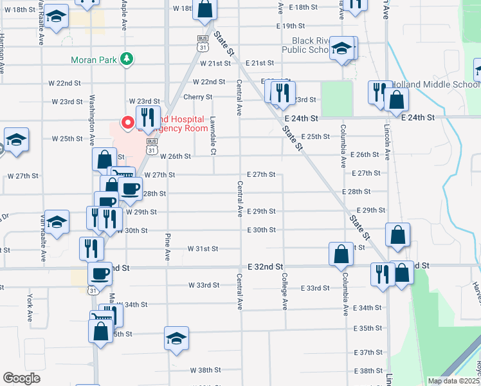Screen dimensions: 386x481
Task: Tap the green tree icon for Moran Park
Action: (128, 60)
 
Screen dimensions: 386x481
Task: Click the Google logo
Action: (22, 379)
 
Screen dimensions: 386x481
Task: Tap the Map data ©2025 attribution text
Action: (453, 381)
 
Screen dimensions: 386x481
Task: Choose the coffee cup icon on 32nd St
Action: (100, 273)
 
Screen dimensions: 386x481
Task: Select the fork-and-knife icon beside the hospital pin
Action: (148, 116)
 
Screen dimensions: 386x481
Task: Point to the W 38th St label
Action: (205, 371)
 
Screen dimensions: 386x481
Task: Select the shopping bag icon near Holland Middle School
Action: (397, 100)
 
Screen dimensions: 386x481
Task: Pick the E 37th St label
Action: (368, 353)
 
